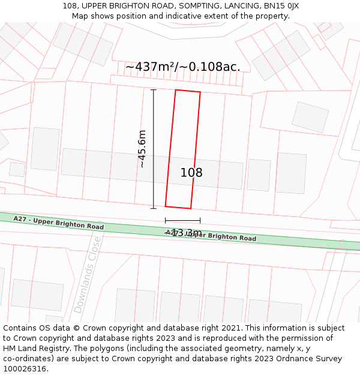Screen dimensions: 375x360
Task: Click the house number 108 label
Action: tap(191, 173)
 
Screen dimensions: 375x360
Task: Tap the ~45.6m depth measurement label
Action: tap(142, 149)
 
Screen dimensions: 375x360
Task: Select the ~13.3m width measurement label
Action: tap(183, 233)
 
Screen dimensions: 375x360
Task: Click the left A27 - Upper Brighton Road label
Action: tap(58, 223)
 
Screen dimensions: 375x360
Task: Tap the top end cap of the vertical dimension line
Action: tap(154, 90)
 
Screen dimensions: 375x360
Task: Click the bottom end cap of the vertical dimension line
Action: tap(154, 208)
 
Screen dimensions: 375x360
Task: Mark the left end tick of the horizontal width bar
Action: tap(166, 221)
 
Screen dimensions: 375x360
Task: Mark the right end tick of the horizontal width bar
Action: tap(200, 221)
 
